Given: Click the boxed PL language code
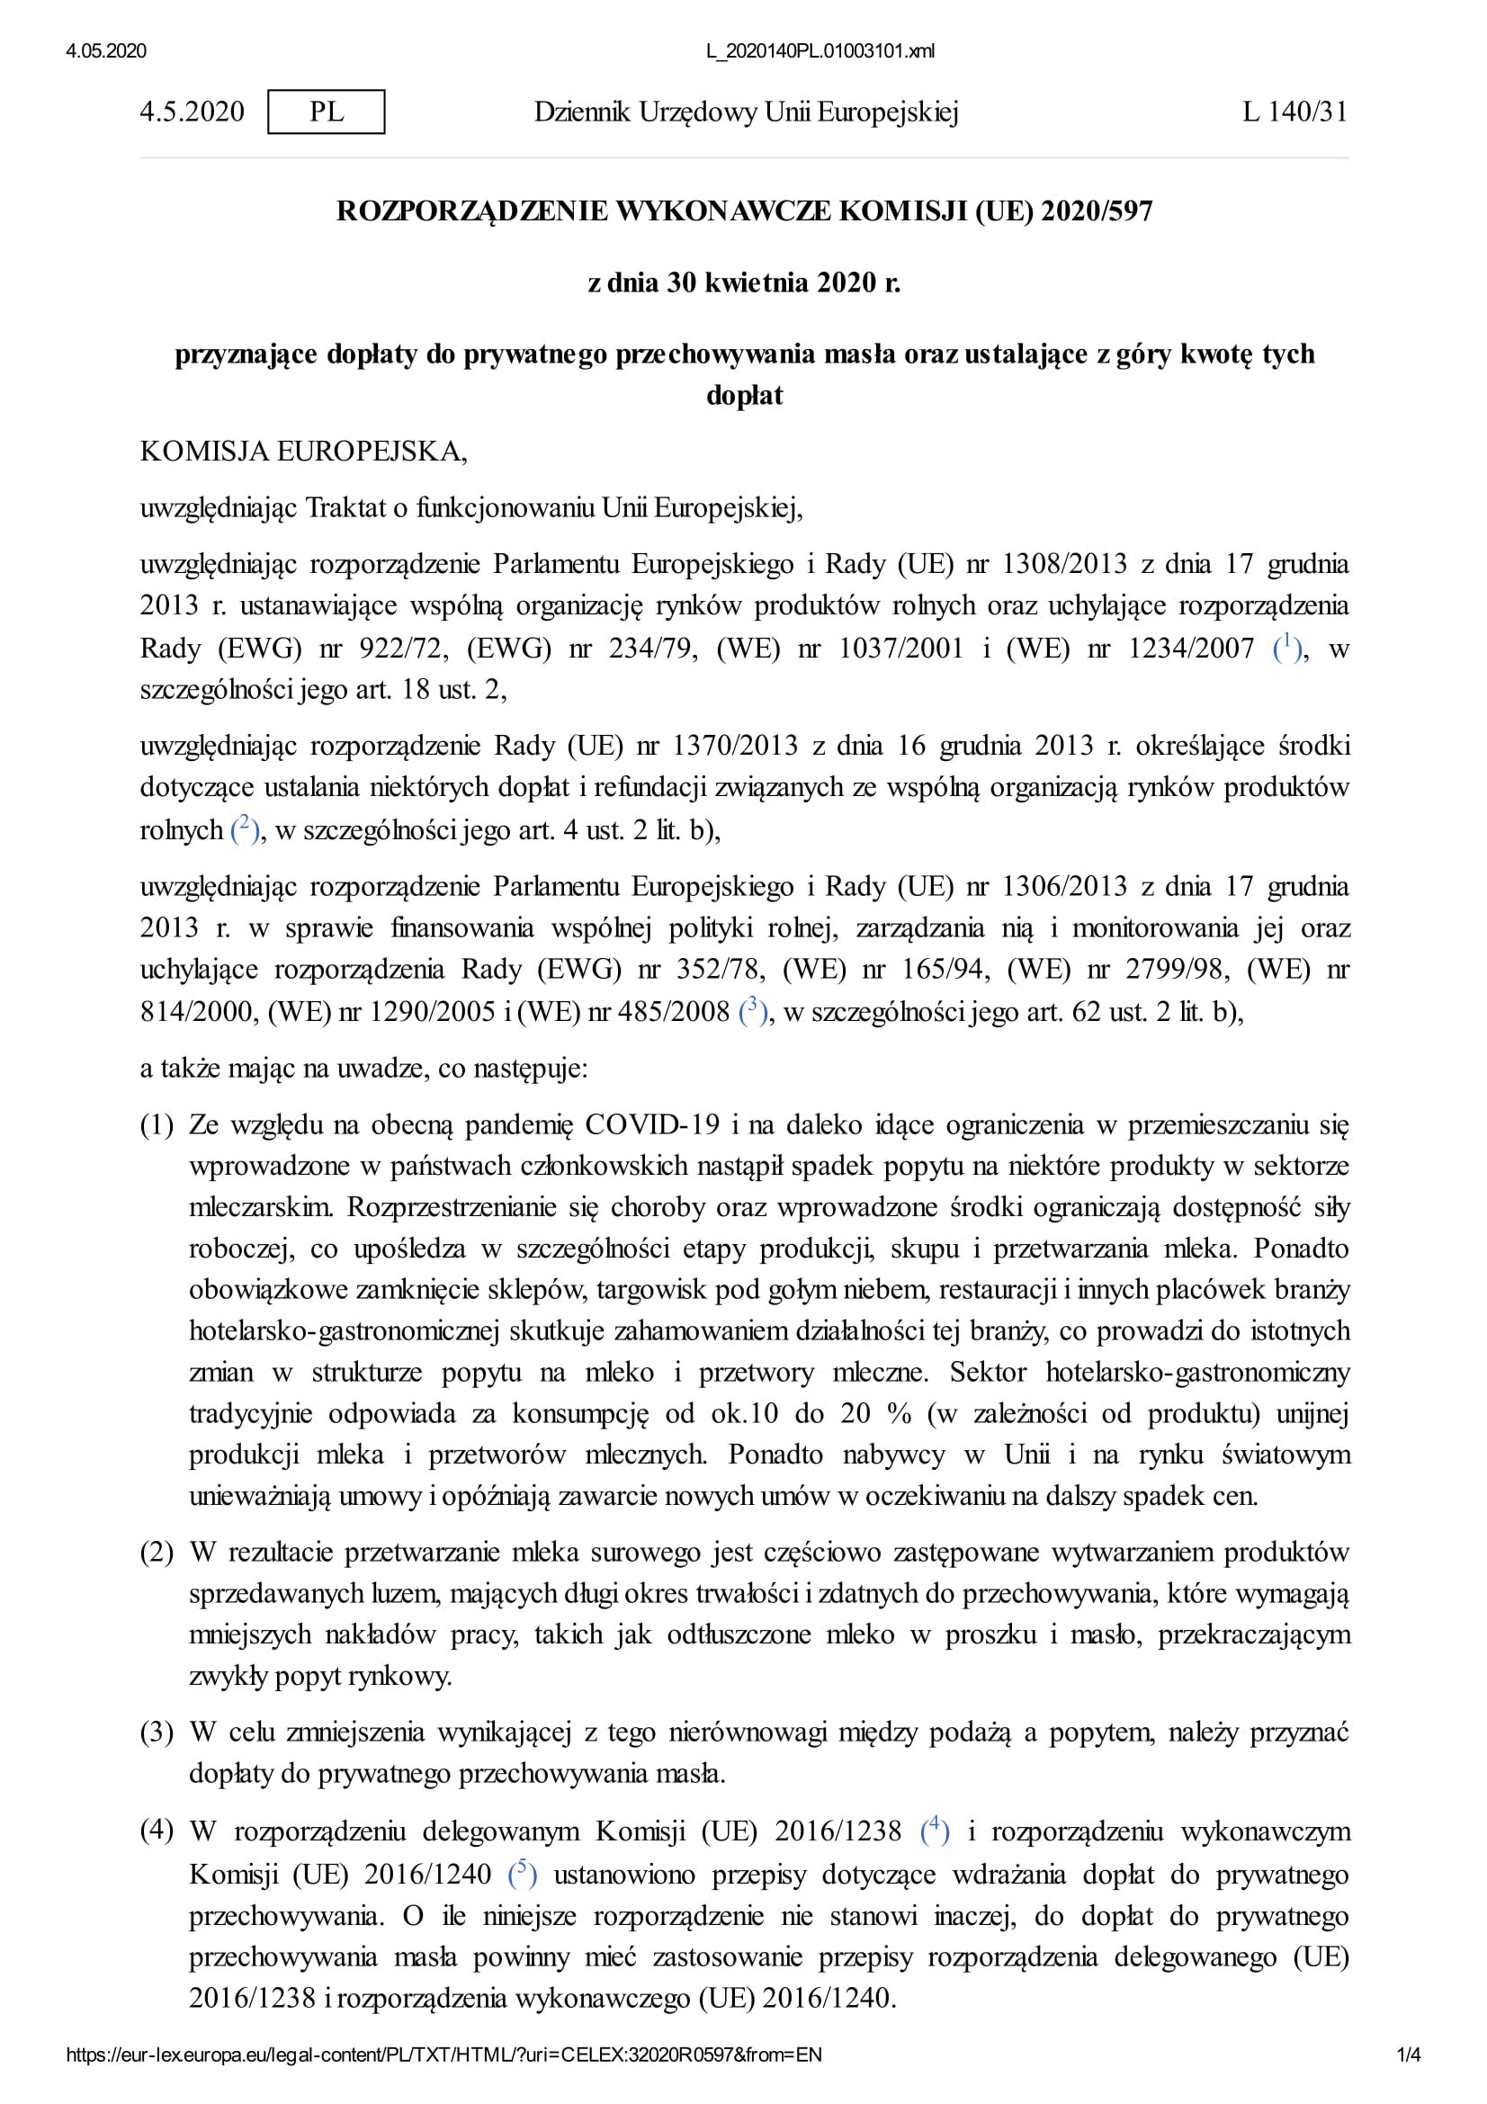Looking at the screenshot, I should [x=327, y=112].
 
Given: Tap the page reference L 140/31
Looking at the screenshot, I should [x=1294, y=112].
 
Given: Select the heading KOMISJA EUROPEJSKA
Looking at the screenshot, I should [x=303, y=452].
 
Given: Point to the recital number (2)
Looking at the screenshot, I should [x=157, y=1553].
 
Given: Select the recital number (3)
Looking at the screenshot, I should [x=157, y=1732].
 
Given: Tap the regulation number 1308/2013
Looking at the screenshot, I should [x=1062, y=564].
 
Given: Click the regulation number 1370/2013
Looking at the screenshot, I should [x=735, y=745].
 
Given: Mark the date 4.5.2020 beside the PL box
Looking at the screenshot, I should [x=193, y=112].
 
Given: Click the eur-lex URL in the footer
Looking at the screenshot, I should [x=443, y=2055].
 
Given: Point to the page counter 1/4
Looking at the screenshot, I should [x=1408, y=2055].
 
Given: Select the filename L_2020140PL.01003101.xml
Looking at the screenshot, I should [x=820, y=51].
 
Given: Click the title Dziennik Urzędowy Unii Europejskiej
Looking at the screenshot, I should [x=746, y=112].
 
